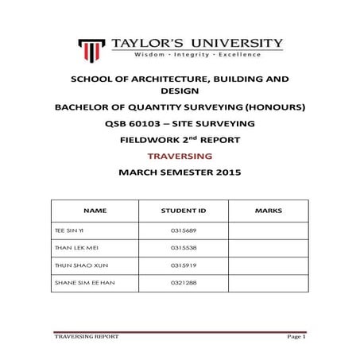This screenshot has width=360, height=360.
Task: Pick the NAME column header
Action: [x=95, y=211]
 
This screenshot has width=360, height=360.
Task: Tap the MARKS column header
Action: [x=264, y=211]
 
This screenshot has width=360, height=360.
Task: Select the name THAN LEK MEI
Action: [x=76, y=247]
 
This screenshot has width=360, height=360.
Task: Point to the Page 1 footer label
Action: [x=296, y=337]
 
